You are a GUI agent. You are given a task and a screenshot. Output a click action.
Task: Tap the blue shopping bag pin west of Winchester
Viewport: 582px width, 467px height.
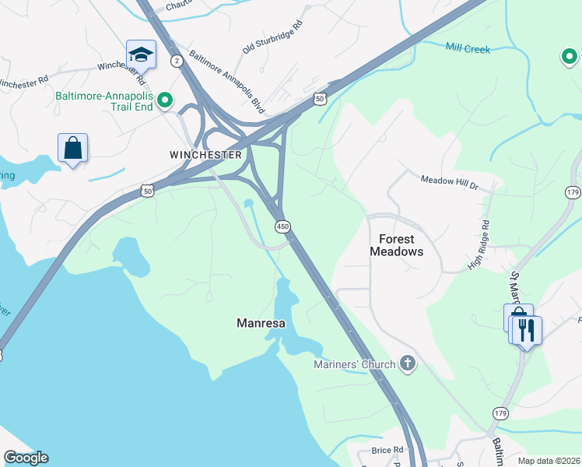(x=72, y=148)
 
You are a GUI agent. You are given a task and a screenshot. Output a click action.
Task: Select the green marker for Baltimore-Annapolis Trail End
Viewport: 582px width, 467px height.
(x=165, y=100)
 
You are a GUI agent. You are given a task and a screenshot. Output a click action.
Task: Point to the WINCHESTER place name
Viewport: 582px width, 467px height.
(x=206, y=155)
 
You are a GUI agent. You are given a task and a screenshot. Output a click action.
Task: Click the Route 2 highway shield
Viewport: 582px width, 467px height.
(x=177, y=61)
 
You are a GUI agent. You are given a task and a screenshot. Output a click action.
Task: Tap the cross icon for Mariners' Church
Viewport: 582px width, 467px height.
(x=407, y=363)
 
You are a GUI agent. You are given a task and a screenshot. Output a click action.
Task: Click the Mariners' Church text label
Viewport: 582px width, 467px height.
(x=354, y=363)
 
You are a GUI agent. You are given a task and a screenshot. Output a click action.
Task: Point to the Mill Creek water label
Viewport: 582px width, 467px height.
(x=468, y=48)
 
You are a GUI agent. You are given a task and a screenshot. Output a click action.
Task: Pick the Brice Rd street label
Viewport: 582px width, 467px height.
(x=387, y=450)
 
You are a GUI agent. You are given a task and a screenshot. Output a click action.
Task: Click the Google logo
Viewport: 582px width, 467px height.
(x=26, y=458)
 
